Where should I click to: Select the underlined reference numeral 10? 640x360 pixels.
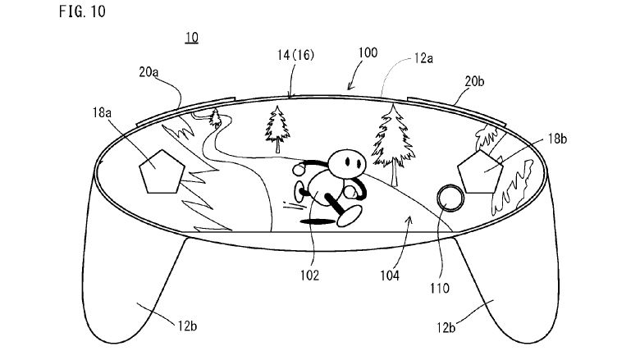[x=190, y=38]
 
